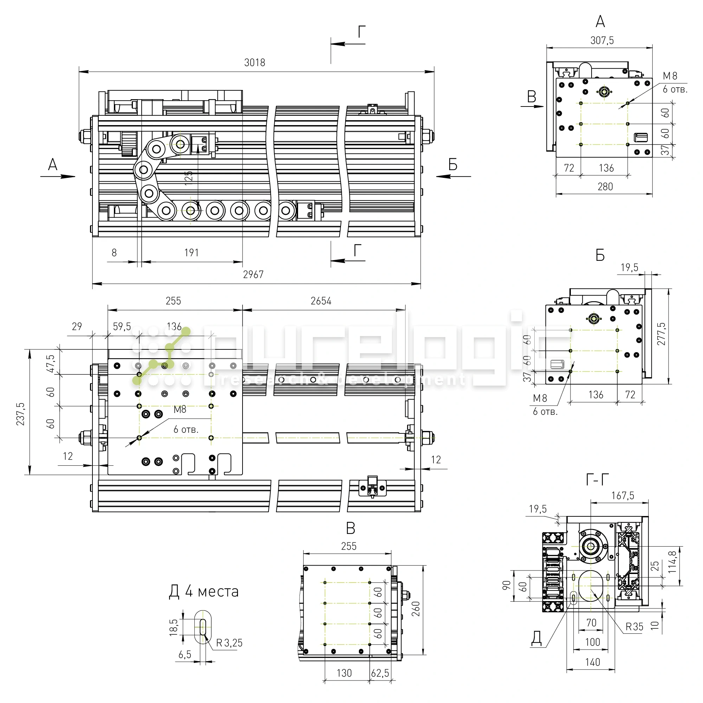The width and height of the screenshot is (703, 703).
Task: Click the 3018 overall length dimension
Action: [x=254, y=63]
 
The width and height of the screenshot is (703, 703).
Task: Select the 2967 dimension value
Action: [x=253, y=275]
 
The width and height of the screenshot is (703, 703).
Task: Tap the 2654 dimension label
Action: [x=321, y=301]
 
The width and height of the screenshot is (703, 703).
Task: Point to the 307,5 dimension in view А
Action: [x=602, y=40]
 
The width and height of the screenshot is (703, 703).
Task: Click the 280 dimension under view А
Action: [x=605, y=187]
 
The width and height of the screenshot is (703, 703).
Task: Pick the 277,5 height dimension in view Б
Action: [x=661, y=334]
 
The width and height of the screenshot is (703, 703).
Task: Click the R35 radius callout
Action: [x=634, y=627]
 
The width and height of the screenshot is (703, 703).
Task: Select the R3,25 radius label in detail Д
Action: [x=229, y=643]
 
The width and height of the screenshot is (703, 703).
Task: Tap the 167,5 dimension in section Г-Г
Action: [x=623, y=496]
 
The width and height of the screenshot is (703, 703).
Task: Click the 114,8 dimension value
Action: [x=672, y=562]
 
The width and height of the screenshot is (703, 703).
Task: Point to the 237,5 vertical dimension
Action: [x=20, y=414]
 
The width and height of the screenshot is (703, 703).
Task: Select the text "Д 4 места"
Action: [x=204, y=591]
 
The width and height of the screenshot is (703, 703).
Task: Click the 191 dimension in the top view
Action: [x=192, y=253]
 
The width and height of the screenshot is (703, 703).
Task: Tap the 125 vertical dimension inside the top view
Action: [x=188, y=178]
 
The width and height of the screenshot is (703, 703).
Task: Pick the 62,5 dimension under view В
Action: [x=380, y=673]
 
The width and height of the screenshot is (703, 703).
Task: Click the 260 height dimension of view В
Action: [x=416, y=609]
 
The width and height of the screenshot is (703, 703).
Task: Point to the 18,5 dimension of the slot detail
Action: [x=174, y=627]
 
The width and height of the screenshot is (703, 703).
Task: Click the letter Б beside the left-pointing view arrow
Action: [x=453, y=165]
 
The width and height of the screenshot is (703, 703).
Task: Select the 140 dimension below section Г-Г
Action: [x=592, y=662]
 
